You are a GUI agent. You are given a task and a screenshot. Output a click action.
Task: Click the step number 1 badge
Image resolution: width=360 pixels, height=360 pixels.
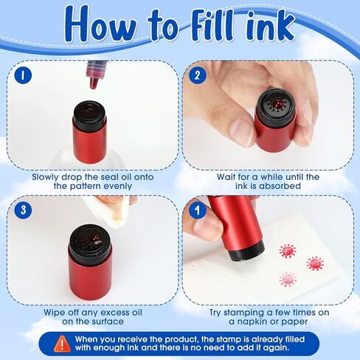(23, 75)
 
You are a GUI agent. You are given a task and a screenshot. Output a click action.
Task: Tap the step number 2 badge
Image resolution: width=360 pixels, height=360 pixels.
(197, 75)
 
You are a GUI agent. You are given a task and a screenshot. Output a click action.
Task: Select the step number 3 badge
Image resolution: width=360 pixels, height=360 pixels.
(23, 210)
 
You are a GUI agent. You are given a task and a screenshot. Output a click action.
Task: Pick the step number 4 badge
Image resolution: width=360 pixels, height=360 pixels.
(197, 210)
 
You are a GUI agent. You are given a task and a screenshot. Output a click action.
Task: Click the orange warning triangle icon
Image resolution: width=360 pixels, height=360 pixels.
(63, 344)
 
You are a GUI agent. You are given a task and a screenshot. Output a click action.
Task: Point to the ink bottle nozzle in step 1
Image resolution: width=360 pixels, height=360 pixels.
(94, 83)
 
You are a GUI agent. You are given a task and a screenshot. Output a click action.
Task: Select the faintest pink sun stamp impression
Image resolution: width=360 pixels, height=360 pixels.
(288, 279)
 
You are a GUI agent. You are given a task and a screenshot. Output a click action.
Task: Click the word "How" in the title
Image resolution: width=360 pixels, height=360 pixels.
(100, 24)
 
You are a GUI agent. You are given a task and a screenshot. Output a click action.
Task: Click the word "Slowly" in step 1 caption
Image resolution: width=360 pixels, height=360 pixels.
(45, 177)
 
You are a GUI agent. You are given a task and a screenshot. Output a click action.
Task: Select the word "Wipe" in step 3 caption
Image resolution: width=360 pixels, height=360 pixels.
(53, 313)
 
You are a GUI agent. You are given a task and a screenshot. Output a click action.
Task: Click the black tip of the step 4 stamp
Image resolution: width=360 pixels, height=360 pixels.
(246, 252)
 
